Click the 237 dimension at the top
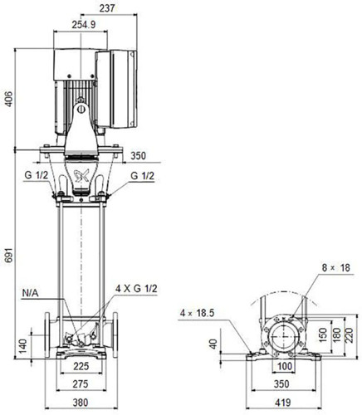pyautogui.click(x=107, y=8)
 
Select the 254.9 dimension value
pyautogui.click(x=84, y=25)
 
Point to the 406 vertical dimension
pyautogui.click(x=9, y=99)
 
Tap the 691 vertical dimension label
pyautogui.click(x=9, y=255)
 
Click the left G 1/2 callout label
pyautogui.click(x=37, y=175)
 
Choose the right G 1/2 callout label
pyautogui.click(x=142, y=176)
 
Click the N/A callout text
pyautogui.click(x=30, y=293)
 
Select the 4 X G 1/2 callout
pyautogui.click(x=136, y=289)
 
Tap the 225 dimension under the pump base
pyautogui.click(x=81, y=366)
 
